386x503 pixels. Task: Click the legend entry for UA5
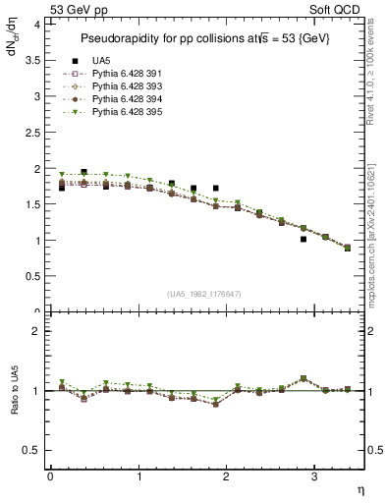click(x=100, y=61)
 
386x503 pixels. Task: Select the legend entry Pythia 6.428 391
click(x=124, y=74)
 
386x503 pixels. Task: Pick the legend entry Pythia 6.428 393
click(x=124, y=86)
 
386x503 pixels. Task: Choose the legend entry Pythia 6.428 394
click(x=124, y=99)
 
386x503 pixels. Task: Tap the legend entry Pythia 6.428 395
click(x=124, y=112)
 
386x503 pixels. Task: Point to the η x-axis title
click(x=359, y=489)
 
